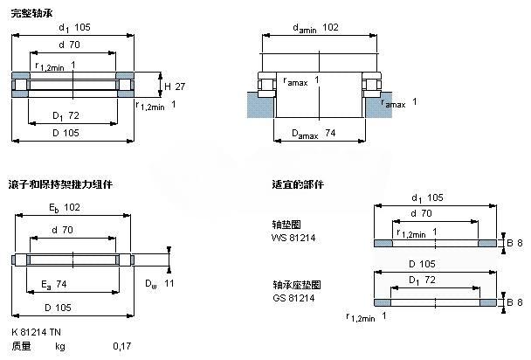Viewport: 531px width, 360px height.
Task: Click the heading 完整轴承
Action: click(x=30, y=10)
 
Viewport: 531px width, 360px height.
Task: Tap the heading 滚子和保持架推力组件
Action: click(x=60, y=185)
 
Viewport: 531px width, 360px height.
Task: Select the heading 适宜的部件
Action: click(x=298, y=185)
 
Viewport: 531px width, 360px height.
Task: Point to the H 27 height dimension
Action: click(x=174, y=86)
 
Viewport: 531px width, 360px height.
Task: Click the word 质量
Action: click(x=21, y=346)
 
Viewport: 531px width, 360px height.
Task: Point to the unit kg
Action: click(x=59, y=346)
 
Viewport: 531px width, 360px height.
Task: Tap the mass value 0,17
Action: click(x=121, y=346)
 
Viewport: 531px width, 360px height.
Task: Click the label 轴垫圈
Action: click(x=286, y=225)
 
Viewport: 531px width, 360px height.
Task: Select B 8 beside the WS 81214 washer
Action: click(x=515, y=242)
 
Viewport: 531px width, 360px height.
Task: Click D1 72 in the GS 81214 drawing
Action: click(x=423, y=280)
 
